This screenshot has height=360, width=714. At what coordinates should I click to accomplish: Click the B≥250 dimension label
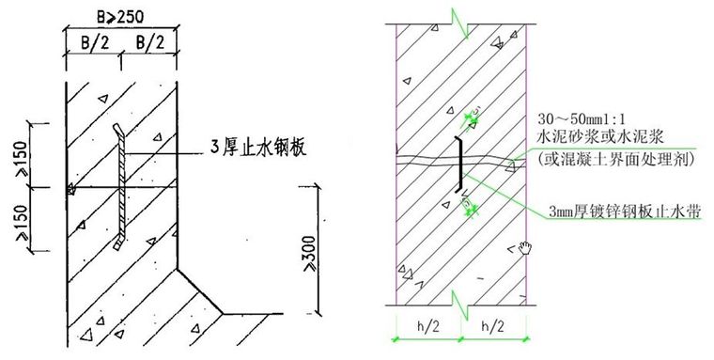122,13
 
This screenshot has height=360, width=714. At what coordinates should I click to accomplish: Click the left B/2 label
91,42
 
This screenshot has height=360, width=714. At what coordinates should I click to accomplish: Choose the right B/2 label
150,42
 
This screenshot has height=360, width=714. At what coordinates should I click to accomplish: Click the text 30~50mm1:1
582,120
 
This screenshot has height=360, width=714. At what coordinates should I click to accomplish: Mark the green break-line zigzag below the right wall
459,303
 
